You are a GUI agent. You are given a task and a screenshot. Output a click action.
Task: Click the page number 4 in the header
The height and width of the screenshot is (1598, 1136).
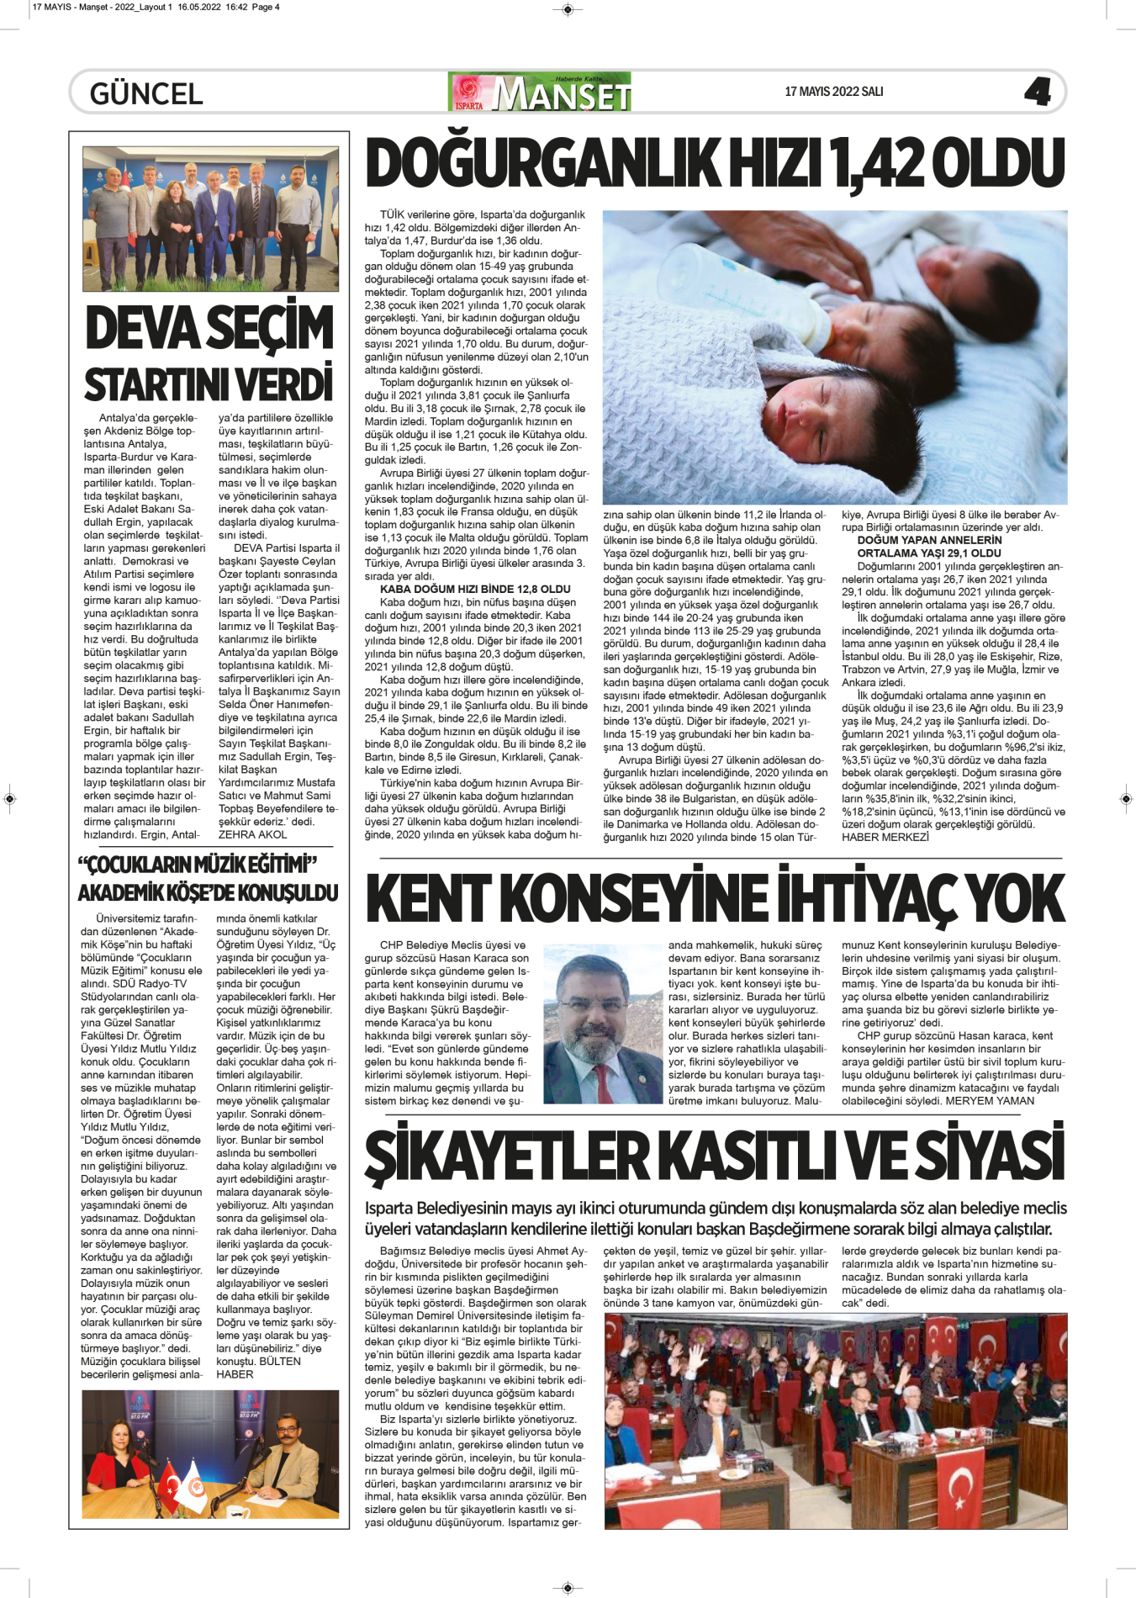(x=1038, y=92)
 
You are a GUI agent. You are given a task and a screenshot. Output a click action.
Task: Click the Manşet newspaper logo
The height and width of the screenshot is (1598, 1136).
(x=541, y=93)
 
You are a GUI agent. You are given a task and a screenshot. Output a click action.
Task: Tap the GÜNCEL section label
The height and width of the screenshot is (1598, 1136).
(x=146, y=93)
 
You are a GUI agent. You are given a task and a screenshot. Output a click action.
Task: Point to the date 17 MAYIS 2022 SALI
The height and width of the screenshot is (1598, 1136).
(x=833, y=92)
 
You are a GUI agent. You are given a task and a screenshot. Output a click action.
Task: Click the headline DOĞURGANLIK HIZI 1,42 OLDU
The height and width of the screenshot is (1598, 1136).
(x=716, y=163)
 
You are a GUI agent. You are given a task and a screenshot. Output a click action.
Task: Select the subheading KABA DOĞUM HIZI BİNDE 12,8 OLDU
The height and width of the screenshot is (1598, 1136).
(x=475, y=590)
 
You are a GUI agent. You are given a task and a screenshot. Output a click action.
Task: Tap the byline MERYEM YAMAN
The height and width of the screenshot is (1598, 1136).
(x=990, y=1101)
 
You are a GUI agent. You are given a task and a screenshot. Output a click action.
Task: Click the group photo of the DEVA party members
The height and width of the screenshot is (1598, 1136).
(x=210, y=220)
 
